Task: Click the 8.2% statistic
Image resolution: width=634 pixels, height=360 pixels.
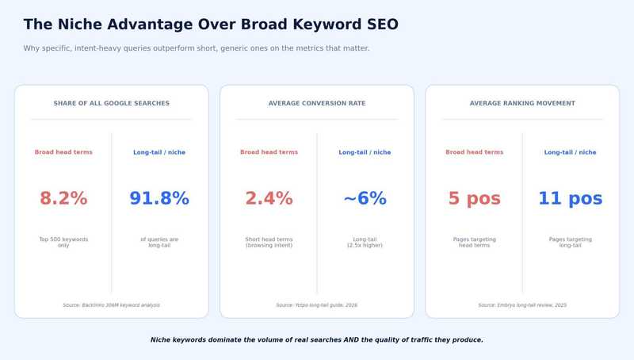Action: [63, 199]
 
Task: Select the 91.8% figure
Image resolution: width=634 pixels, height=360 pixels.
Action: [159, 199]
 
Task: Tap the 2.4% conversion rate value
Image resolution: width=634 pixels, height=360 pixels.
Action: [269, 199]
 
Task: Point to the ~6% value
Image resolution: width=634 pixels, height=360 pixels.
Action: [365, 199]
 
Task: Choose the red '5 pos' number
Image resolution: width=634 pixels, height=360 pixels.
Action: [474, 199]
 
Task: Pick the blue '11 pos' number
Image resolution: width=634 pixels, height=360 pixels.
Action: [571, 199]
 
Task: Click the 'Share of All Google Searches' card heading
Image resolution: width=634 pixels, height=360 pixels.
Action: [111, 103]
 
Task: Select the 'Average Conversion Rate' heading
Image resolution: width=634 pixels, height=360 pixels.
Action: [317, 103]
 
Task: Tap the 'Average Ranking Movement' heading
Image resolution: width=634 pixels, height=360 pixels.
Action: [522, 103]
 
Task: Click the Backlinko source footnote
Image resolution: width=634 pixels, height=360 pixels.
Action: [111, 304]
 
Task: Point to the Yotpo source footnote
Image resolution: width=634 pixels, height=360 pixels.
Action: [317, 304]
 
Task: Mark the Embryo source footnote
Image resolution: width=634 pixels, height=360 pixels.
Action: [522, 304]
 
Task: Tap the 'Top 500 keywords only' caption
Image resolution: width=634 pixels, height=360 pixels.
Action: [63, 242]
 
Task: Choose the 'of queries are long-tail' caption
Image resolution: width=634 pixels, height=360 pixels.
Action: [159, 242]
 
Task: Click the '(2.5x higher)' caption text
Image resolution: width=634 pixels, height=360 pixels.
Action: [365, 246]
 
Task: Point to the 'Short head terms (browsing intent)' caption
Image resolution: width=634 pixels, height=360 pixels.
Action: [269, 242]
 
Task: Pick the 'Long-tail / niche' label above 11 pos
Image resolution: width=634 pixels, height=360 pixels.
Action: [571, 152]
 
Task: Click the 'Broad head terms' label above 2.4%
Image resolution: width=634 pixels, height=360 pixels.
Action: [269, 152]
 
